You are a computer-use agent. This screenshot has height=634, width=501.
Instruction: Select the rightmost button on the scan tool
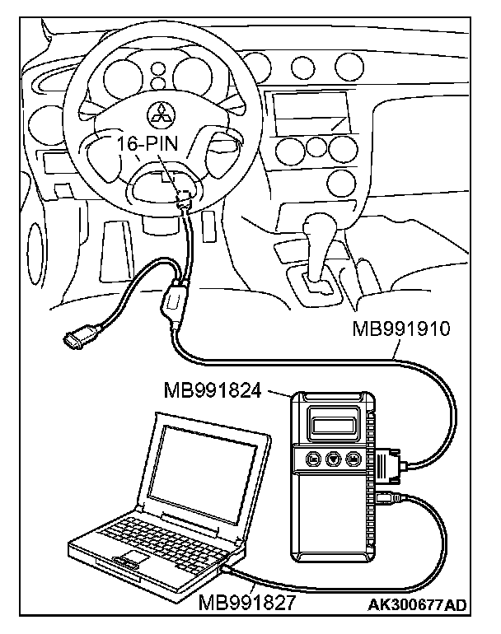[354, 459]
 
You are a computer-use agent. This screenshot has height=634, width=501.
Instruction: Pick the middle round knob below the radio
[316, 149]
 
